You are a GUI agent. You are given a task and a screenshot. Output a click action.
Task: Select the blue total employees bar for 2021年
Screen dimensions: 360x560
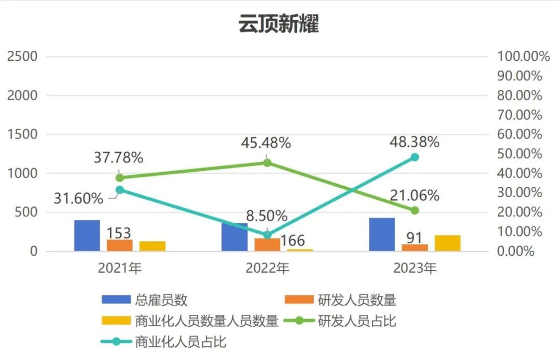pyautogui.click(x=87, y=236)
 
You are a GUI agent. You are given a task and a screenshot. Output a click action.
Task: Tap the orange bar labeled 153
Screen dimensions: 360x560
pyautogui.click(x=120, y=245)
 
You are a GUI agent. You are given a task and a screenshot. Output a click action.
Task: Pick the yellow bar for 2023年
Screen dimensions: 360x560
pyautogui.click(x=447, y=243)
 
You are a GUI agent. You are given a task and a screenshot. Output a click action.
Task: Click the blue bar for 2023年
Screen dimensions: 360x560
pyautogui.click(x=382, y=234)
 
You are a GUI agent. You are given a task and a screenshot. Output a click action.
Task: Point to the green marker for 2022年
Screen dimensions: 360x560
pyautogui.click(x=267, y=163)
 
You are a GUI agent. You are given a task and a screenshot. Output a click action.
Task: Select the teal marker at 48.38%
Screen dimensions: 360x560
pyautogui.click(x=414, y=157)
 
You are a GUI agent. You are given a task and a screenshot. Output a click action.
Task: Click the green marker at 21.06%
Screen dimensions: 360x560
pyautogui.click(x=414, y=211)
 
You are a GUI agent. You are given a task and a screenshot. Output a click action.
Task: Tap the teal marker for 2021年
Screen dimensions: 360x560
pyautogui.click(x=120, y=190)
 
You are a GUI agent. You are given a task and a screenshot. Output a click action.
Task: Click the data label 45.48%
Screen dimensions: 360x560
pyautogui.click(x=266, y=143)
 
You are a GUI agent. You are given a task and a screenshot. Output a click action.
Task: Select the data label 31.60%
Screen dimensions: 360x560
pyautogui.click(x=78, y=198)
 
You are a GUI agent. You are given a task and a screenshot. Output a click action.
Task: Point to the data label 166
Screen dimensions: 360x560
pyautogui.click(x=292, y=241)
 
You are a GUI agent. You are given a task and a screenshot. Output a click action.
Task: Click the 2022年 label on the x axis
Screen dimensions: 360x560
pyautogui.click(x=267, y=268)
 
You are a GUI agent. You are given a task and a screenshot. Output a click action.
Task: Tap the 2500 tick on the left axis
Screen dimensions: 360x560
pyautogui.click(x=22, y=57)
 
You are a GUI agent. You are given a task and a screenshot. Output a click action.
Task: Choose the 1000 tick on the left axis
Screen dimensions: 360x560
pyautogui.click(x=22, y=173)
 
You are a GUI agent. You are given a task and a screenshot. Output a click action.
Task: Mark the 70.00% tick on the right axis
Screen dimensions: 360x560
pyautogui.click(x=520, y=115)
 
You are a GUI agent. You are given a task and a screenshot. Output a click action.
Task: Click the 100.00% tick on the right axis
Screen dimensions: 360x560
pyautogui.click(x=523, y=57)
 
